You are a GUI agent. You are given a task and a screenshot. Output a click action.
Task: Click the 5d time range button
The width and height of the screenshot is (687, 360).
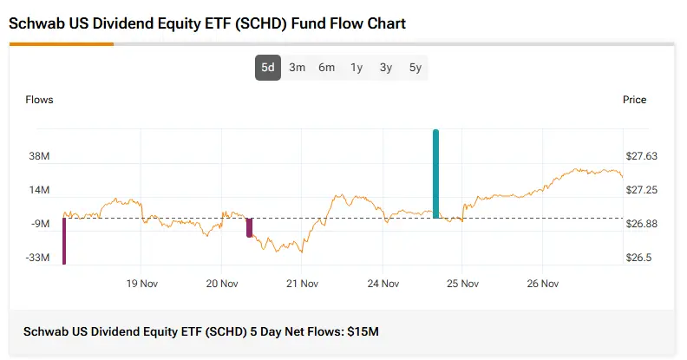pyautogui.click(x=268, y=68)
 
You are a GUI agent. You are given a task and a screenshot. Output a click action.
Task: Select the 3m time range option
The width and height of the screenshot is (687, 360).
pyautogui.click(x=297, y=68)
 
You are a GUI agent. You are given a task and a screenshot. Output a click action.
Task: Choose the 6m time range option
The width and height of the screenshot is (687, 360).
pyautogui.click(x=326, y=68)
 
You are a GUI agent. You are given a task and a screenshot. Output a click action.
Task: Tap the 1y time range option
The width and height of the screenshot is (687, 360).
pyautogui.click(x=357, y=68)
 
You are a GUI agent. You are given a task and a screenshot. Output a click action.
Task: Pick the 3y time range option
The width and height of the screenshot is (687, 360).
pyautogui.click(x=386, y=68)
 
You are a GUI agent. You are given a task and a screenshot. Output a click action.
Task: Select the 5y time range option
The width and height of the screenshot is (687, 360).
pyautogui.click(x=415, y=68)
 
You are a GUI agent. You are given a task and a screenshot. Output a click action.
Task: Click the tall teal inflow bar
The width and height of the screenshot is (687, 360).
pyautogui.click(x=435, y=173)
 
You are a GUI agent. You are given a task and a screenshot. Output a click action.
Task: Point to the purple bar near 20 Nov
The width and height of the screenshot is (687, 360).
pyautogui.click(x=250, y=227)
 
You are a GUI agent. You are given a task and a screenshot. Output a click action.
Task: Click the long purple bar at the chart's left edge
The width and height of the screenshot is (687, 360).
pyautogui.click(x=64, y=240)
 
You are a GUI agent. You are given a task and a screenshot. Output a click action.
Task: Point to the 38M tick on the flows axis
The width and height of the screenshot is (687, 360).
pyautogui.click(x=39, y=156)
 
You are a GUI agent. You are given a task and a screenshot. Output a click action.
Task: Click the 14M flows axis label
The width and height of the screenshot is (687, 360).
pyautogui.click(x=39, y=190)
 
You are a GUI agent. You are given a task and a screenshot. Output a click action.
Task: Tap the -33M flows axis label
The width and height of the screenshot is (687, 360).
pyautogui.click(x=38, y=258)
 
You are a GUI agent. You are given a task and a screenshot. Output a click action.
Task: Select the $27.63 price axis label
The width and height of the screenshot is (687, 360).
pyautogui.click(x=642, y=156)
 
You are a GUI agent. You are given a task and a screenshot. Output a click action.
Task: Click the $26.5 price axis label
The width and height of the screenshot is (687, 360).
pyautogui.click(x=639, y=258)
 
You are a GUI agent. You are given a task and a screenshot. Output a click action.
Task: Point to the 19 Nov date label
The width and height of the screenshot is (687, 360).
pyautogui.click(x=141, y=283)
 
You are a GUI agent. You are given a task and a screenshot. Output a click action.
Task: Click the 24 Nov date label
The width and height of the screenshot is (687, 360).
pyautogui.click(x=383, y=283)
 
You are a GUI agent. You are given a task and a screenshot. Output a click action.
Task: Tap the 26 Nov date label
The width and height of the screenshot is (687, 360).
pyautogui.click(x=543, y=283)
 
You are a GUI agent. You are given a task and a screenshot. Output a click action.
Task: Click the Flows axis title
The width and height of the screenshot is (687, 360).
pyautogui.click(x=40, y=100)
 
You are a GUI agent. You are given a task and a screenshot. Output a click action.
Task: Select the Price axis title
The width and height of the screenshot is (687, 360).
pyautogui.click(x=634, y=100)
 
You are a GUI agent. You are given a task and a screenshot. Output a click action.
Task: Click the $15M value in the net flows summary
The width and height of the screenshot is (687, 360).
pyautogui.click(x=363, y=332)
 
